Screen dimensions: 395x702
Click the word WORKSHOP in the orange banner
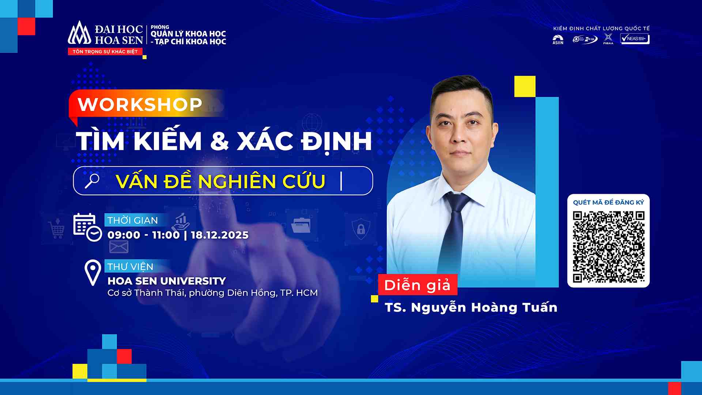140,105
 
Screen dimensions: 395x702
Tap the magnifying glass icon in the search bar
92,181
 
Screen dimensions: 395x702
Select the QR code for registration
608,247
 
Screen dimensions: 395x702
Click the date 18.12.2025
219,235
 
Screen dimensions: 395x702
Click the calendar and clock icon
87,227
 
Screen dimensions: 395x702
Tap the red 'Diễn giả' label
417,285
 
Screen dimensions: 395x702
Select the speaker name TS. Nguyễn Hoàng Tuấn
471,308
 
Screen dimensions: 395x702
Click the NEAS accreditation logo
635,39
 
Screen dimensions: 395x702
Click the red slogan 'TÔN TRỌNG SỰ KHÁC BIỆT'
105,52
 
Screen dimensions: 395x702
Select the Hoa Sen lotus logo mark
79,33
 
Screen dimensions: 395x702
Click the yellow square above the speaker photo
525,86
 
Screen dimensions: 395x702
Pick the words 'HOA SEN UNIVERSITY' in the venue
167,281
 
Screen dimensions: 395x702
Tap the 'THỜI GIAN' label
132,220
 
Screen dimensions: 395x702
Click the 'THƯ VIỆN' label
130,267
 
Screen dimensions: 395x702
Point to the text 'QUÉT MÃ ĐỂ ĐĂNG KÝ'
608,203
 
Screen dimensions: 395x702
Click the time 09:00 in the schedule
124,235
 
